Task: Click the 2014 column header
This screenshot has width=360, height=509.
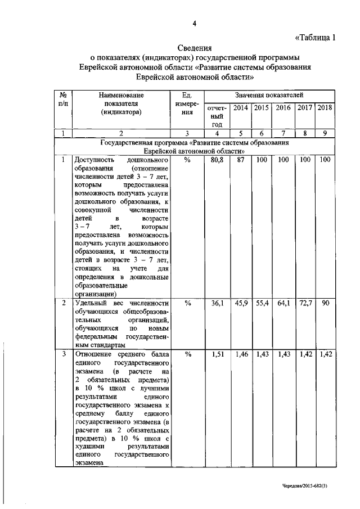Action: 241,107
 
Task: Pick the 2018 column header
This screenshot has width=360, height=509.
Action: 325,107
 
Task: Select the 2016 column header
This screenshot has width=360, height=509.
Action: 283,107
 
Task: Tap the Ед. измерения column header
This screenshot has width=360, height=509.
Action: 188,103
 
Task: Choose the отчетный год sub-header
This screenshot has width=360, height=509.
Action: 217,115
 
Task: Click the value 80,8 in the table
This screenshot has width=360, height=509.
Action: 217,160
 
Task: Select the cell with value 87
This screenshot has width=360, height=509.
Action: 241,160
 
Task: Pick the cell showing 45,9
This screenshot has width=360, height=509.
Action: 241,303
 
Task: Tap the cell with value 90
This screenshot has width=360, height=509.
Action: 325,303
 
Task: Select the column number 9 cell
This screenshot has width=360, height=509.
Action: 325,133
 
